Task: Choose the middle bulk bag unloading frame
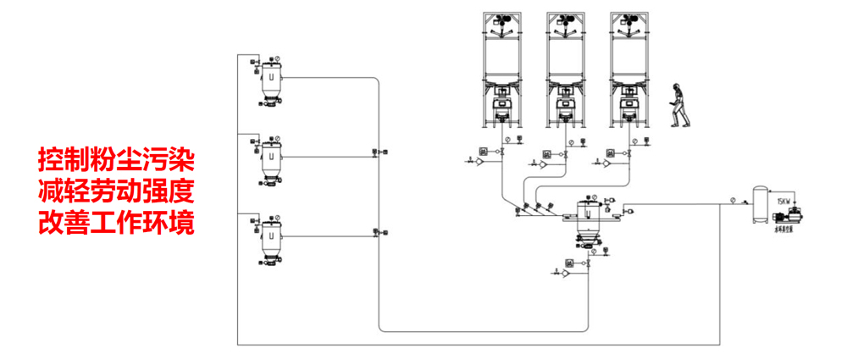click(x=567, y=64)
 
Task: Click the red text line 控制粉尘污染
click(x=117, y=158)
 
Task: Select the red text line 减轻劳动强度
click(x=117, y=191)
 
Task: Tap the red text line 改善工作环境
click(x=117, y=223)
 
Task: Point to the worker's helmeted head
click(x=677, y=86)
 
